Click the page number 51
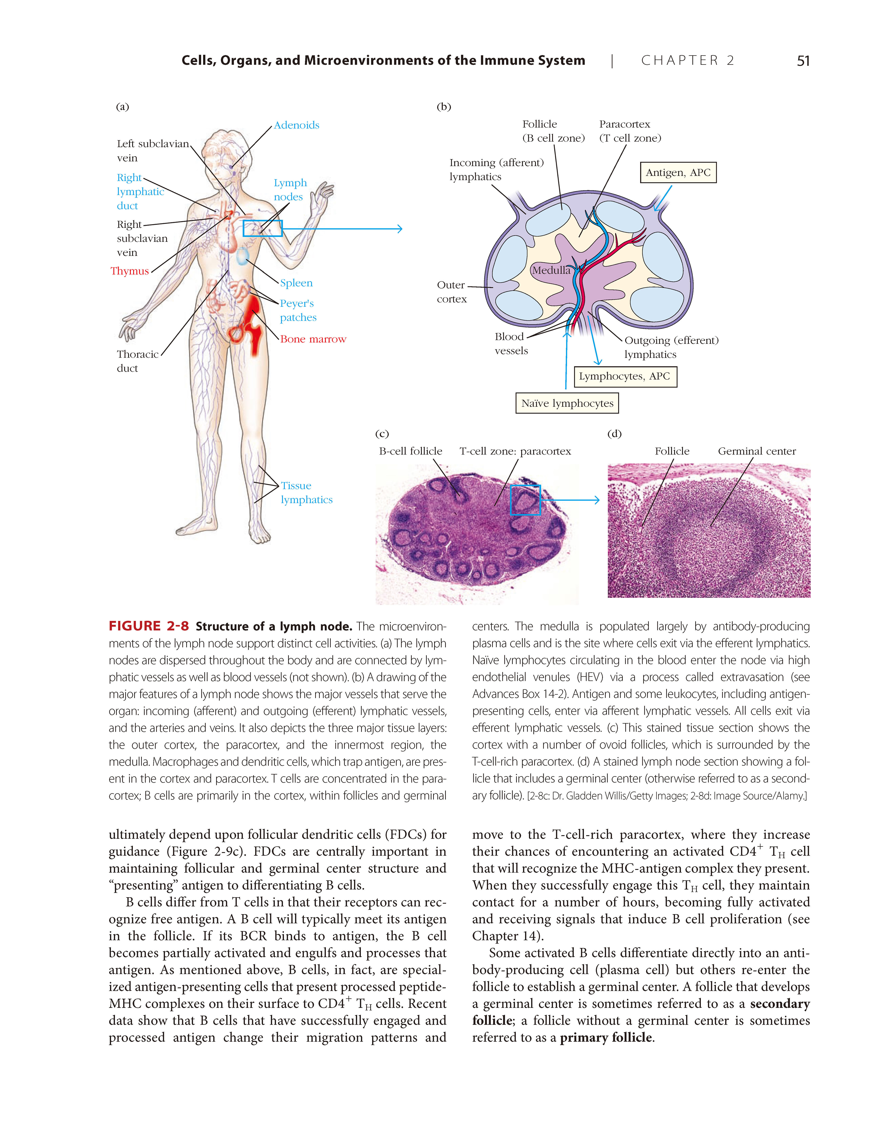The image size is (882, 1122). pyautogui.click(x=803, y=61)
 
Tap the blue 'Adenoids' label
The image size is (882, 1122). pyautogui.click(x=296, y=125)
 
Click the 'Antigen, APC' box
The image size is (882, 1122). pyautogui.click(x=678, y=172)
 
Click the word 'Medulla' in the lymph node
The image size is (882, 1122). pyautogui.click(x=551, y=270)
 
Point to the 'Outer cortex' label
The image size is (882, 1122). pyautogui.click(x=451, y=292)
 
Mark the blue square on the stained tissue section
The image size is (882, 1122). pyautogui.click(x=525, y=500)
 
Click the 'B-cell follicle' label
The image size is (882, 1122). pyautogui.click(x=411, y=451)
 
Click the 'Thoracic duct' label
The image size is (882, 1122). pyautogui.click(x=137, y=361)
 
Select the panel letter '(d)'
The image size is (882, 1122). pyautogui.click(x=614, y=433)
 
